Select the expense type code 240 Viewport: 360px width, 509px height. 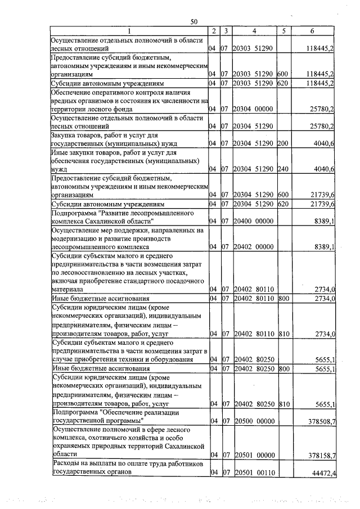[x=283, y=169]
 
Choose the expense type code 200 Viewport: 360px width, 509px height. [x=283, y=144]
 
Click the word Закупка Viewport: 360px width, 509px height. [x=64, y=136]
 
